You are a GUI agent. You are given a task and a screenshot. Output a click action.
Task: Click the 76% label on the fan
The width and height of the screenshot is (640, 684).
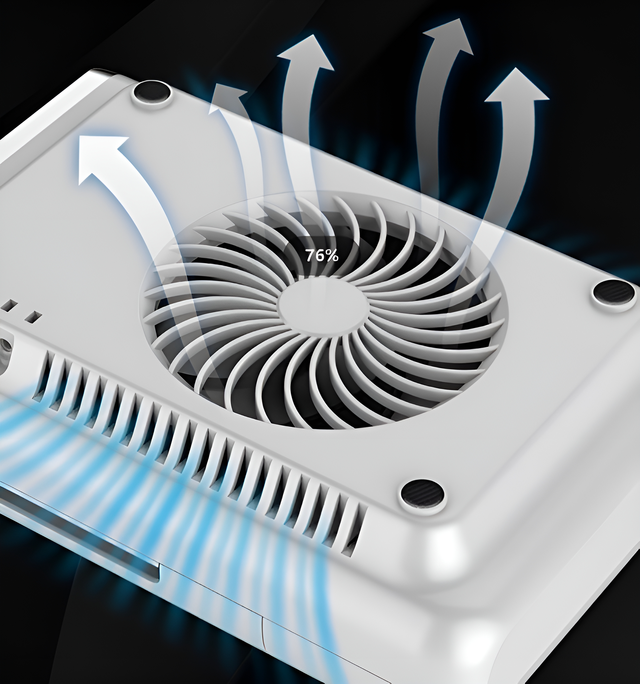pos(322,255)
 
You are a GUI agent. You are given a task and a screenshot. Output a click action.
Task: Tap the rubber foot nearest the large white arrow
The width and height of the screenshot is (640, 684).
pos(152,92)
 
